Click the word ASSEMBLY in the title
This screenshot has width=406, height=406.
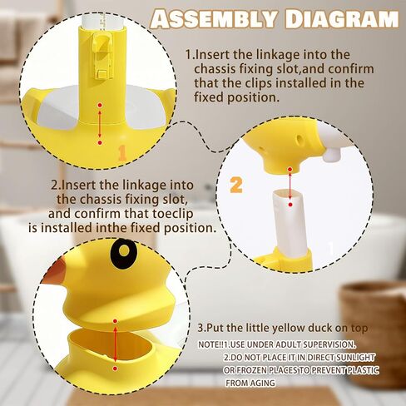point(213,19)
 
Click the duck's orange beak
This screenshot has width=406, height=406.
point(56,270)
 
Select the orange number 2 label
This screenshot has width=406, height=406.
point(236,185)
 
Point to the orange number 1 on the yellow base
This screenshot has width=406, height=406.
point(122,152)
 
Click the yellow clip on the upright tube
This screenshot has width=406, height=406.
point(102,55)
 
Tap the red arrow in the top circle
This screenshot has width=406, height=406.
point(100,124)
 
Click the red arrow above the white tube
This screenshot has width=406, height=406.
point(290,186)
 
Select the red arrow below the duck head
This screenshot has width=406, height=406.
point(115,344)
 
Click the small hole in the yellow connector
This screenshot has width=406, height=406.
point(300,138)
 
